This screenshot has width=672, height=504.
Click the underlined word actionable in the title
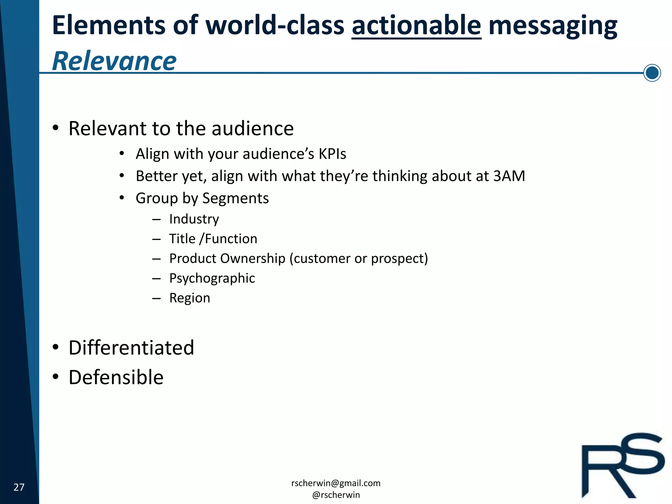[x=416, y=26]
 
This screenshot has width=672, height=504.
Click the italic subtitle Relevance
[x=114, y=61]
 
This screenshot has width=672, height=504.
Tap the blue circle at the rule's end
[x=652, y=73]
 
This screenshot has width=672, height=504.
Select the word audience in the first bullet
[x=252, y=128]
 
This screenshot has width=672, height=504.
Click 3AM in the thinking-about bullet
[x=509, y=176]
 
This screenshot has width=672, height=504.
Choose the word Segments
[x=235, y=198]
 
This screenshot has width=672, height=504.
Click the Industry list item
[x=194, y=219]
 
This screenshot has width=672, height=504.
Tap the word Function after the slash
[x=231, y=239]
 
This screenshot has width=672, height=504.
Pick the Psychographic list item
[x=212, y=278]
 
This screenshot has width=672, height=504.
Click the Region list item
[x=190, y=298]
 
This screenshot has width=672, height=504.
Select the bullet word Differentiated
[x=131, y=348]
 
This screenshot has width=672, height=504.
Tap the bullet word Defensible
[x=116, y=377]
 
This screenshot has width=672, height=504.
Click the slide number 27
[x=19, y=487]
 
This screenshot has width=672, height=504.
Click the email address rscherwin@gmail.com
[x=336, y=483]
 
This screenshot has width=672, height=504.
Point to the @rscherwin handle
[x=336, y=495]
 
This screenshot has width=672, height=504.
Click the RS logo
[x=623, y=466]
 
